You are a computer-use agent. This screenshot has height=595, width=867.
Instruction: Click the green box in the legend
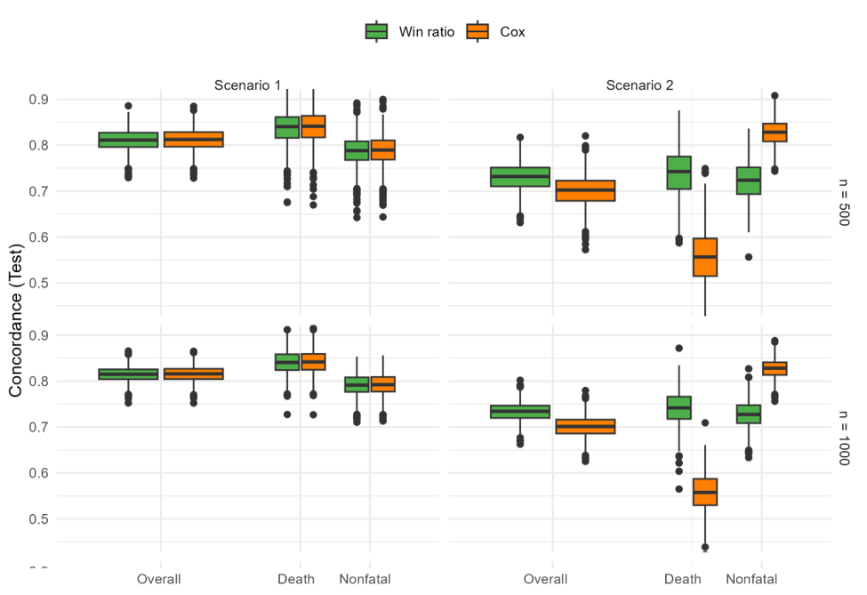coord(376,31)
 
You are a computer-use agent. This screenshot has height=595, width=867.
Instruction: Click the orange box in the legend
coord(478,31)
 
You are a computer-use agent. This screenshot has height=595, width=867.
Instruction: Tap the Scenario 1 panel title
coord(247,85)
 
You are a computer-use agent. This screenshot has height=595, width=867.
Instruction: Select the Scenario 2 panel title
coord(639,85)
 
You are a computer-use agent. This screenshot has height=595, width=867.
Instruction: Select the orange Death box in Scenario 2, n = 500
coord(705,257)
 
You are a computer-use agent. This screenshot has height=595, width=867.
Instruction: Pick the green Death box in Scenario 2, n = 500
coord(679,173)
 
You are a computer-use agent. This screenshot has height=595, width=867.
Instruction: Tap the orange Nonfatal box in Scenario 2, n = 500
coord(775,133)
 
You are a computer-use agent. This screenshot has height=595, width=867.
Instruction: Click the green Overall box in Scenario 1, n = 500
coord(128,140)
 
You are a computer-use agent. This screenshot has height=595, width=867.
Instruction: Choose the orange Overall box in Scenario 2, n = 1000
coord(585,427)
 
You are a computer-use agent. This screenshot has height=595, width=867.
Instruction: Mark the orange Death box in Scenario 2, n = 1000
coord(705,492)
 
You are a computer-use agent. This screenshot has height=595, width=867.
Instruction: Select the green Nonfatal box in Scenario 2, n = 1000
coord(749,414)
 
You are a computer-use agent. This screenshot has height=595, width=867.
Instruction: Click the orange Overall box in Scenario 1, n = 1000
coord(194,374)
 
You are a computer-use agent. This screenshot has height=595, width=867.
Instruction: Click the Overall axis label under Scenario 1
coord(159,579)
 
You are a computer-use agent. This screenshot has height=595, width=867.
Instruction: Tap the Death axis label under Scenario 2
coord(683,579)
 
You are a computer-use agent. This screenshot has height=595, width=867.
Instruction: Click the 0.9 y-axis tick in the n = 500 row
coord(37,100)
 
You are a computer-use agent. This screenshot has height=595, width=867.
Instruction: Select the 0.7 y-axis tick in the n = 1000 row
coord(37,428)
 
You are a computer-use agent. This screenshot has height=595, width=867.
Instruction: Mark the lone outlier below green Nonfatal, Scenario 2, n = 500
coord(749,257)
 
